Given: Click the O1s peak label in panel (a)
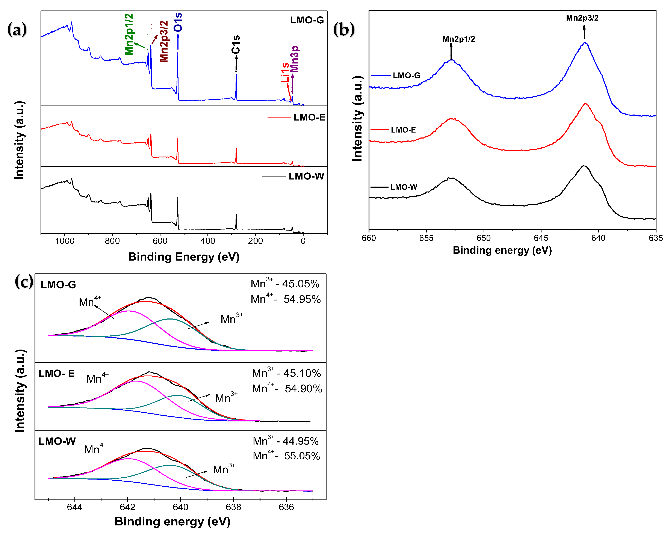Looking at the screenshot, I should click(178, 22).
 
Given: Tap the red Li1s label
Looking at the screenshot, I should click(285, 73).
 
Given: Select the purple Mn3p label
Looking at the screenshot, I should click(295, 59).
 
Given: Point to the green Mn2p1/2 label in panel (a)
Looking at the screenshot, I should click(129, 34).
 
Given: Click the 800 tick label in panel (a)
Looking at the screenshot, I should click(112, 241).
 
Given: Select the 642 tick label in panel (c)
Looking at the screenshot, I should click(127, 507).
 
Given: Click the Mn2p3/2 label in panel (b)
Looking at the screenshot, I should click(582, 18).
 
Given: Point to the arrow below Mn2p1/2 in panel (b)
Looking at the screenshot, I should click(451, 51).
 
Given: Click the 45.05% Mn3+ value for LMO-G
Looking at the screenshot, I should click(301, 284).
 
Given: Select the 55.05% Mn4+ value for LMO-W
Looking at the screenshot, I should click(302, 456).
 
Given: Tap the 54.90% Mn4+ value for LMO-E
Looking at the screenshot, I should click(303, 388).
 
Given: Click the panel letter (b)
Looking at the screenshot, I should click(344, 30).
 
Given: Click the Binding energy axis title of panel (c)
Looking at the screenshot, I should click(172, 521).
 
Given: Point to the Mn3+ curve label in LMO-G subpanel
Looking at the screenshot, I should click(231, 319).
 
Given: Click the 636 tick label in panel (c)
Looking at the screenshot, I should click(286, 507).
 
